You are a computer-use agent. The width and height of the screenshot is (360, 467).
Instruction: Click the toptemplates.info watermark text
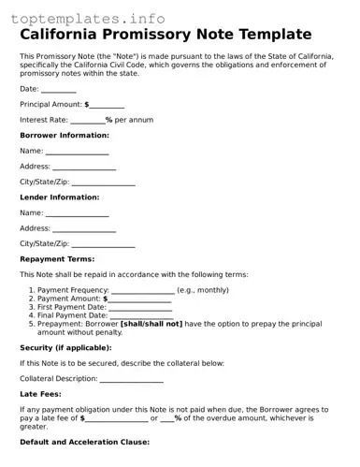point(88,17)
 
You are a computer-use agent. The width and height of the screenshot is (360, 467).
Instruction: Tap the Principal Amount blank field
point(108,105)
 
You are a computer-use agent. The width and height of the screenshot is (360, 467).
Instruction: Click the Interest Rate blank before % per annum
point(87,121)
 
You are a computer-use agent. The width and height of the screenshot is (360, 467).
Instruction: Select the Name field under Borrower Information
point(78,152)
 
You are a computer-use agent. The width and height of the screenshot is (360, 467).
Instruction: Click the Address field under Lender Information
point(84,228)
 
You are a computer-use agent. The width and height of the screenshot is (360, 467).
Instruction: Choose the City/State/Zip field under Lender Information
point(103,244)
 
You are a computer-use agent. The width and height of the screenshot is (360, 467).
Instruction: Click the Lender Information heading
point(59,197)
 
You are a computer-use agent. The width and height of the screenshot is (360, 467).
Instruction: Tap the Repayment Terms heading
point(57,259)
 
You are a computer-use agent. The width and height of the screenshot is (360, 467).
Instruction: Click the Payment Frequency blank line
point(142,291)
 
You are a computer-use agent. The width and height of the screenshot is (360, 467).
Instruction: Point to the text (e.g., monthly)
point(203,290)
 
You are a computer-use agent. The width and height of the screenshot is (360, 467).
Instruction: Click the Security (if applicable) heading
point(71,347)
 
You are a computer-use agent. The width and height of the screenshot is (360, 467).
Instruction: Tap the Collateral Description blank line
point(131,379)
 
